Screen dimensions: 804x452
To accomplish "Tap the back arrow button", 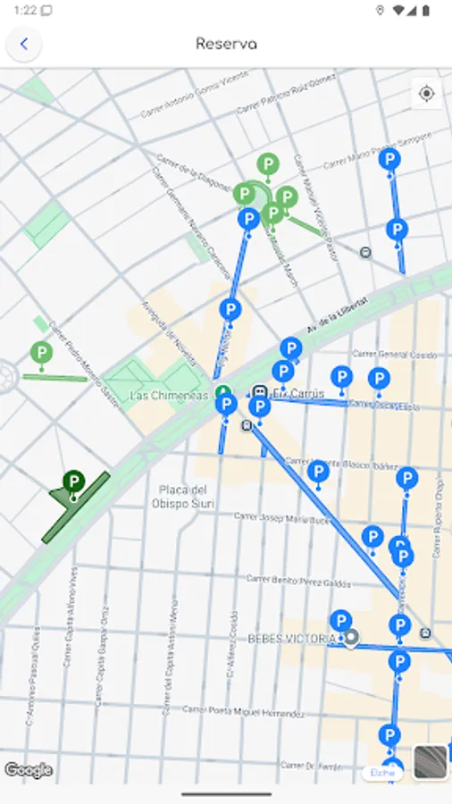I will pos(24,44).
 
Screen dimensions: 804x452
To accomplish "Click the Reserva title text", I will pos(226,44).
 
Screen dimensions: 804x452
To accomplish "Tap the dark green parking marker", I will pos(73,483).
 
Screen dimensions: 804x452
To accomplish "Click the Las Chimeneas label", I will pos(169,395).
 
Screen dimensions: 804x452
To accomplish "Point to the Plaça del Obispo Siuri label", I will pos(183,496).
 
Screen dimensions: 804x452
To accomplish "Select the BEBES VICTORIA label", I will pos(291,639).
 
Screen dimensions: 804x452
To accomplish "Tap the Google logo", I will pos(29,770).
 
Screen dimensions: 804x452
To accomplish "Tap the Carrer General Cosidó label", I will pos(394,355).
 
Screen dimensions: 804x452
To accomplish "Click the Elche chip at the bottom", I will pos(381,773).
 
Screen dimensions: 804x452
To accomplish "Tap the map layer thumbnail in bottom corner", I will pos(431,764).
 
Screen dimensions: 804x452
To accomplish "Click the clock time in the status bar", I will pos(25,11).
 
